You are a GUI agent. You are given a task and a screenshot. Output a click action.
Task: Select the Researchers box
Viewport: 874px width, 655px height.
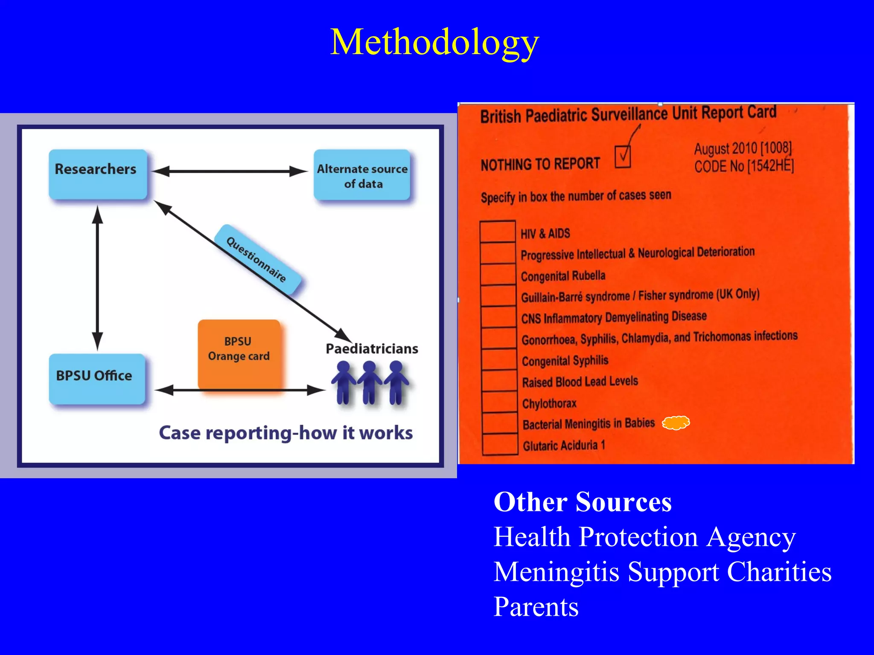pyautogui.click(x=98, y=174)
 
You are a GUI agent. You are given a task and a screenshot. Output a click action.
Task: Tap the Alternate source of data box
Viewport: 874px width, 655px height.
pyautogui.click(x=362, y=175)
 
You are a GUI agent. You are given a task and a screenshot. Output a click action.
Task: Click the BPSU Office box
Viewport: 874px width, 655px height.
pyautogui.click(x=97, y=378)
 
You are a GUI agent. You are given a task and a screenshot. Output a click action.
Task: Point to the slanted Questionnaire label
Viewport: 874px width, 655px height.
pyautogui.click(x=257, y=260)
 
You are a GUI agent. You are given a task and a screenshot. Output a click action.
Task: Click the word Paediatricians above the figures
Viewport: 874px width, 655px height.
pyautogui.click(x=372, y=349)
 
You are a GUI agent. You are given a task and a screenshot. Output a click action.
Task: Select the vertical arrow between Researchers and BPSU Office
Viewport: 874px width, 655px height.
pyautogui.click(x=98, y=277)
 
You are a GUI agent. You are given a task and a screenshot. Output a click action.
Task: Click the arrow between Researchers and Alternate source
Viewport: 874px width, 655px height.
pyautogui.click(x=230, y=171)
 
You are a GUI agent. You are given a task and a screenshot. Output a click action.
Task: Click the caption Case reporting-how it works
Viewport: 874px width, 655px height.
pyautogui.click(x=286, y=433)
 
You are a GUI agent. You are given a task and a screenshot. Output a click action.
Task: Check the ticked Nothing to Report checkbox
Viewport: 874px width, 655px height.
pyautogui.click(x=623, y=157)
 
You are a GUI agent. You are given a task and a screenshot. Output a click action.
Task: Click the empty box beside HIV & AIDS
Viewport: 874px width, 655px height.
pyautogui.click(x=498, y=232)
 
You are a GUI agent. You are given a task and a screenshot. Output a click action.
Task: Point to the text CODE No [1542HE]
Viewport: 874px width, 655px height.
pyautogui.click(x=744, y=166)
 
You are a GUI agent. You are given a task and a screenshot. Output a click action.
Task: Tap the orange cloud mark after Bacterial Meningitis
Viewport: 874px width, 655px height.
pyautogui.click(x=676, y=423)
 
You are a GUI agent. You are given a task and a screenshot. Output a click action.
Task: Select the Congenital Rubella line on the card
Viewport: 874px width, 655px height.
pyautogui.click(x=563, y=276)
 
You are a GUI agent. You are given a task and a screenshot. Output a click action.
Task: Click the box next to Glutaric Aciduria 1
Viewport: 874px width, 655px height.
pyautogui.click(x=500, y=444)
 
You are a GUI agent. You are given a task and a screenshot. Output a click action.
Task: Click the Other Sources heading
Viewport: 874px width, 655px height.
pyautogui.click(x=582, y=502)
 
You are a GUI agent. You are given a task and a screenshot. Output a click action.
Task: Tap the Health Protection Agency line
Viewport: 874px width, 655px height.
pyautogui.click(x=644, y=536)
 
